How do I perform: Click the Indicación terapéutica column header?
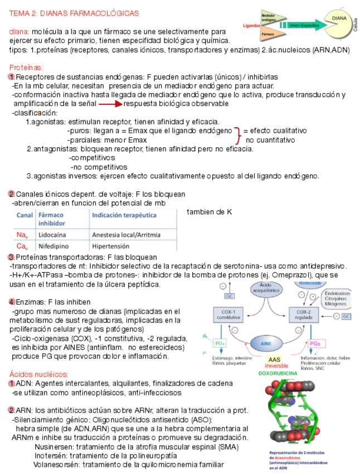click(x=124, y=215)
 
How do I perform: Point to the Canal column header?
click(x=25, y=215)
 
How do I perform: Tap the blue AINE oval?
click(x=266, y=344)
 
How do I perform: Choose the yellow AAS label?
click(x=274, y=360)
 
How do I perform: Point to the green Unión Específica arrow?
click(x=300, y=25)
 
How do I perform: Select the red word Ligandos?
click(x=252, y=25)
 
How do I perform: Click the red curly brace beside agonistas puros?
click(x=238, y=135)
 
